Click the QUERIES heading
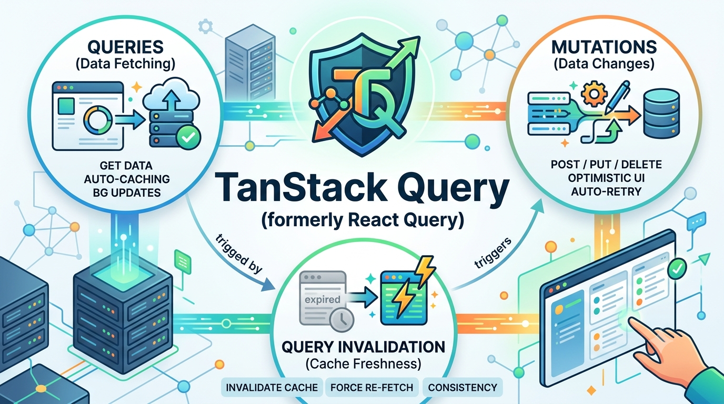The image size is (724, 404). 125,47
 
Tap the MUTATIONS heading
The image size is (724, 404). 604,47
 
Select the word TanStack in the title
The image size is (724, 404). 300,188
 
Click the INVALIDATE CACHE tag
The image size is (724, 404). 272,387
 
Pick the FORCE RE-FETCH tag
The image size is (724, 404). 372,387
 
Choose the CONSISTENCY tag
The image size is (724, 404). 462,387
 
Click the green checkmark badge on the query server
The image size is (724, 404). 188,137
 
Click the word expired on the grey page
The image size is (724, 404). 322,299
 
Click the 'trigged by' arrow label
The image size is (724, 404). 238,254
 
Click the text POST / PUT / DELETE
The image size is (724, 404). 606,165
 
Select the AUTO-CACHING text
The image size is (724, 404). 127,179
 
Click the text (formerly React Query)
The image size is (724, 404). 363,220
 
